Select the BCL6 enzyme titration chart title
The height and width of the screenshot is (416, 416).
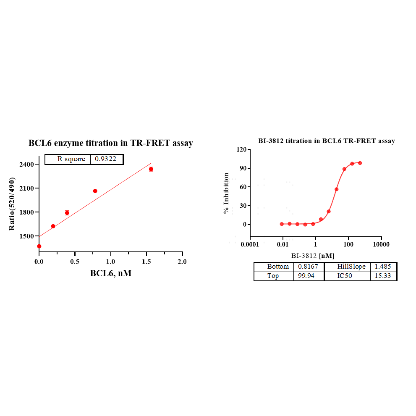111,143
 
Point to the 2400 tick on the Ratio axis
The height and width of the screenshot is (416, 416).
27,164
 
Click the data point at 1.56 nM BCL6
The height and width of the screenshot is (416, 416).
151,169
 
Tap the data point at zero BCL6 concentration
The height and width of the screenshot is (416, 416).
39,246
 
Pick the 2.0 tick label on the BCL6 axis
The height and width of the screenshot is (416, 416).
182,262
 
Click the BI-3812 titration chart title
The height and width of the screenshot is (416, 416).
327,141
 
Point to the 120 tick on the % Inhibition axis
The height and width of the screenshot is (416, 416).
241,149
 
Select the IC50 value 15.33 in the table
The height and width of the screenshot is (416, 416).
383,276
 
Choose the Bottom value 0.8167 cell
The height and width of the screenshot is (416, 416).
308,267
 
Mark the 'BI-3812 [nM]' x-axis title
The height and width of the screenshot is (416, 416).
313,255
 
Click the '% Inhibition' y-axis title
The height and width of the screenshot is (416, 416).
227,193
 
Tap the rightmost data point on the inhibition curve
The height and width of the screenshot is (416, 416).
360,163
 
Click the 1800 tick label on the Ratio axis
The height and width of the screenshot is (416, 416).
27,212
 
